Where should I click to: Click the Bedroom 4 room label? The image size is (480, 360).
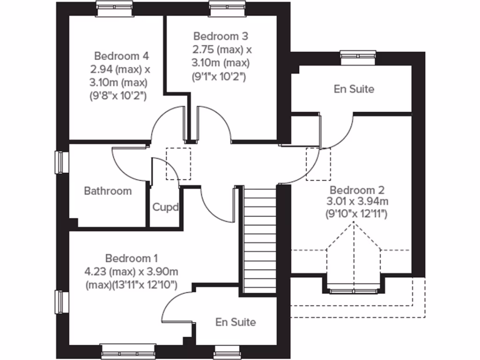coord(121,56)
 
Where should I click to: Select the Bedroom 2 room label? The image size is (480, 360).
coord(357,190)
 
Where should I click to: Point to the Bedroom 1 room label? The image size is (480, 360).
coord(131,258)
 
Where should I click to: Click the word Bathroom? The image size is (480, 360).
coord(108,191)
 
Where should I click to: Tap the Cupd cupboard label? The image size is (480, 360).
coord(165,207)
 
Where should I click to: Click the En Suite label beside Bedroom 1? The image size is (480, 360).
coord(236,322)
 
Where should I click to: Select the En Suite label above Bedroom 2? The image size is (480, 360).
coord(354,89)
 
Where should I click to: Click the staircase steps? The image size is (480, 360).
coord(260,239)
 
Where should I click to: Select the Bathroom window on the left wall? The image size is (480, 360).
coord(60,162)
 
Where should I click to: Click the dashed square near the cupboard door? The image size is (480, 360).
coord(179,164)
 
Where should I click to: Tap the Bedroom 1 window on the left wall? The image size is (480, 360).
coord(60,302)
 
